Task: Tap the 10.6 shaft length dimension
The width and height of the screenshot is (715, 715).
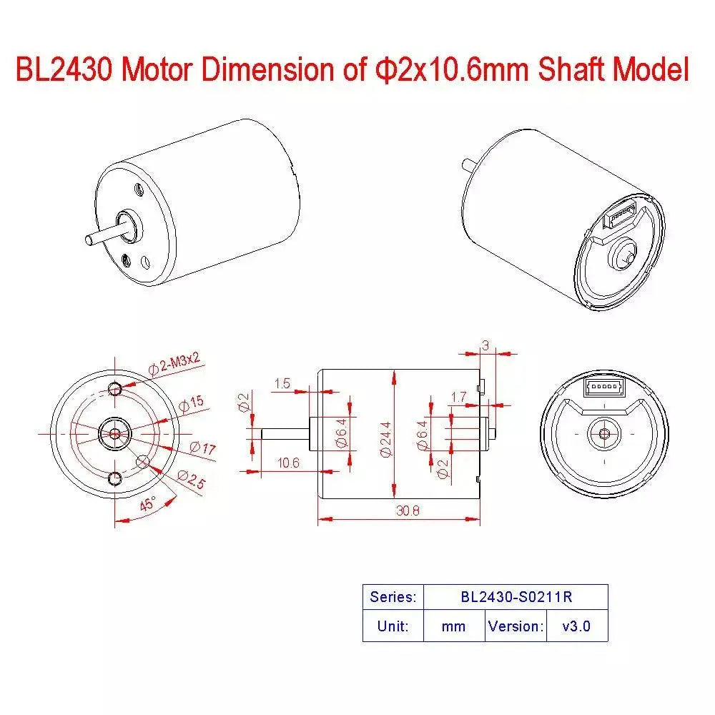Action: coord(288,463)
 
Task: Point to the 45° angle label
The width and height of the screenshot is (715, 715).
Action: coord(148,504)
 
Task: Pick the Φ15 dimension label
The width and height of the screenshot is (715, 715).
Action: coord(191,404)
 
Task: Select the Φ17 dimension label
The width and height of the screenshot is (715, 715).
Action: coord(202,449)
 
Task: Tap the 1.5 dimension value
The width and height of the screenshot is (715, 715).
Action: coord(282,384)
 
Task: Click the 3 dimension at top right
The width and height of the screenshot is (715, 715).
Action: coord(485,345)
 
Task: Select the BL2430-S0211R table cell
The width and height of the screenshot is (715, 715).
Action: coord(516,596)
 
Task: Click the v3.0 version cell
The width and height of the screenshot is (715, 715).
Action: coord(576,626)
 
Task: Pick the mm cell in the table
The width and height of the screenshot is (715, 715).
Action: coord(453,626)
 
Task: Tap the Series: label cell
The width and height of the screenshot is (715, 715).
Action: coord(393,596)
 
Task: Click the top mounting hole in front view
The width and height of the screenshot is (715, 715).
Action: coord(115,388)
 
